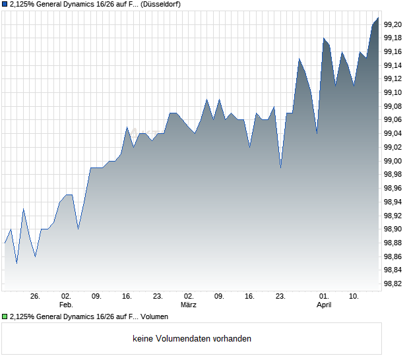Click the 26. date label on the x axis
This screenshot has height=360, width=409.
click(x=35, y=297)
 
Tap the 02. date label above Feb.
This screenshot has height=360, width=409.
click(x=66, y=297)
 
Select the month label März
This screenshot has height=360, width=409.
click(x=189, y=305)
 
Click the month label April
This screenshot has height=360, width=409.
click(x=324, y=305)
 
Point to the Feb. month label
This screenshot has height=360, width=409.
click(x=66, y=305)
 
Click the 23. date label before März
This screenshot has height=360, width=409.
click(x=158, y=297)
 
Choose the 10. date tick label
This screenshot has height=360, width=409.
click(x=354, y=297)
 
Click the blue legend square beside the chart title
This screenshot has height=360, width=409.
click(x=5, y=5)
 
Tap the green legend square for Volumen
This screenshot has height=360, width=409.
click(x=5, y=317)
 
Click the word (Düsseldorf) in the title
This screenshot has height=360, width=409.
click(x=162, y=5)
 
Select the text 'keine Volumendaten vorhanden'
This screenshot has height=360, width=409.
click(x=192, y=339)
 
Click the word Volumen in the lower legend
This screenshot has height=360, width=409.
click(x=154, y=317)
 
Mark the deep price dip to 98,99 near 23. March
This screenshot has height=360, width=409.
click(x=280, y=167)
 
